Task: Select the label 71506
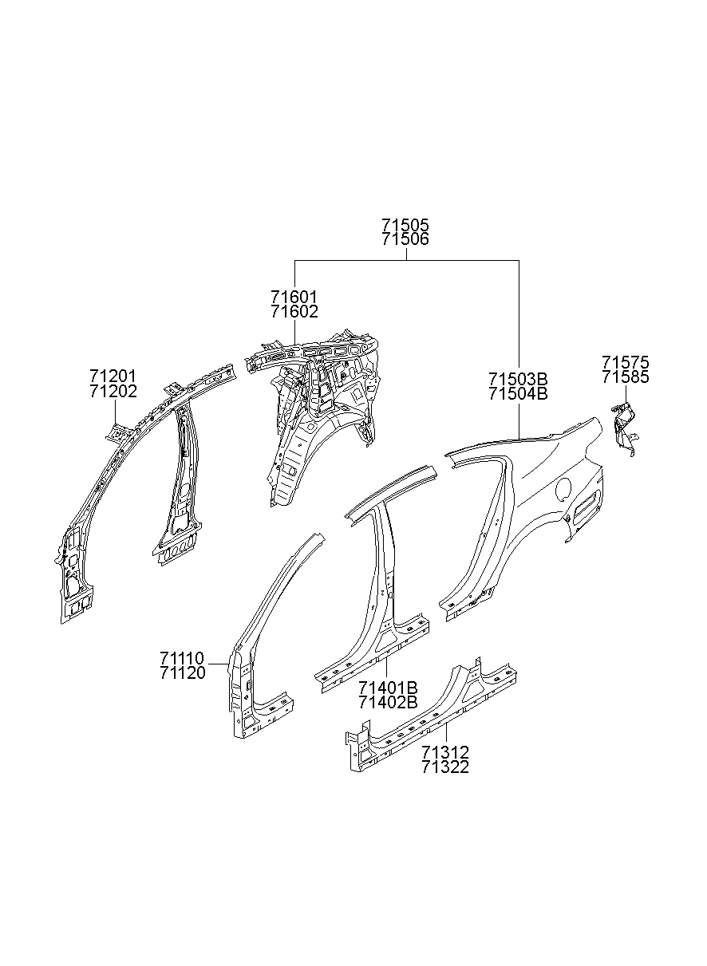tap(405, 239)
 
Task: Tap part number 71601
tap(294, 298)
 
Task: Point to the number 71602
tap(294, 311)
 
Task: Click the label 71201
tap(113, 377)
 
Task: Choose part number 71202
tap(113, 391)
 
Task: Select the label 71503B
tap(519, 378)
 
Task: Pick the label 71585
tap(626, 377)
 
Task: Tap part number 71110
tap(182, 658)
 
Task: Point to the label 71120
tap(182, 672)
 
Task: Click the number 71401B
tap(388, 688)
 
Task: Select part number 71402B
tap(388, 702)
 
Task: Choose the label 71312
tap(445, 752)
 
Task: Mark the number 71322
tap(445, 767)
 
